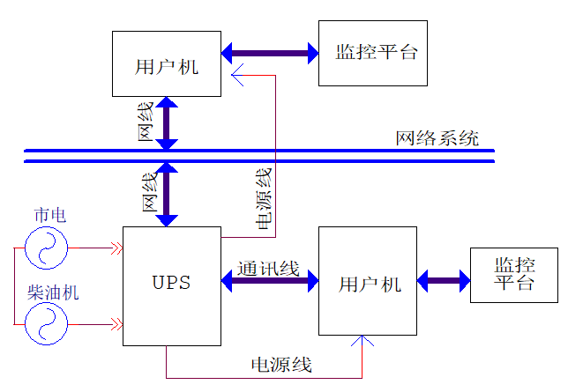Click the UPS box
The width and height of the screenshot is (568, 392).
(x=171, y=285)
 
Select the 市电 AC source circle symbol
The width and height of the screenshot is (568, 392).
(x=46, y=248)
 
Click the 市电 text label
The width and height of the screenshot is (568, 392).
(x=49, y=215)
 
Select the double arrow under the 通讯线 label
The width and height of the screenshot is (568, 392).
(x=269, y=283)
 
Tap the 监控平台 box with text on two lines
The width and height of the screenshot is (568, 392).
(x=514, y=275)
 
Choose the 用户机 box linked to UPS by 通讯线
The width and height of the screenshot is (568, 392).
(x=368, y=281)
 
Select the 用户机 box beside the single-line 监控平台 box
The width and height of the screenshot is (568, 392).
(x=166, y=63)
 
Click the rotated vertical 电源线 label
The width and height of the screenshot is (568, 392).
(x=263, y=198)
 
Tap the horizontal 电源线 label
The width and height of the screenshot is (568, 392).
(x=281, y=365)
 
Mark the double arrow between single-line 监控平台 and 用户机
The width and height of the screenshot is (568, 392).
(x=270, y=53)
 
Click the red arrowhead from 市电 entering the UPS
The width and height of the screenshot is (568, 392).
(x=115, y=248)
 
